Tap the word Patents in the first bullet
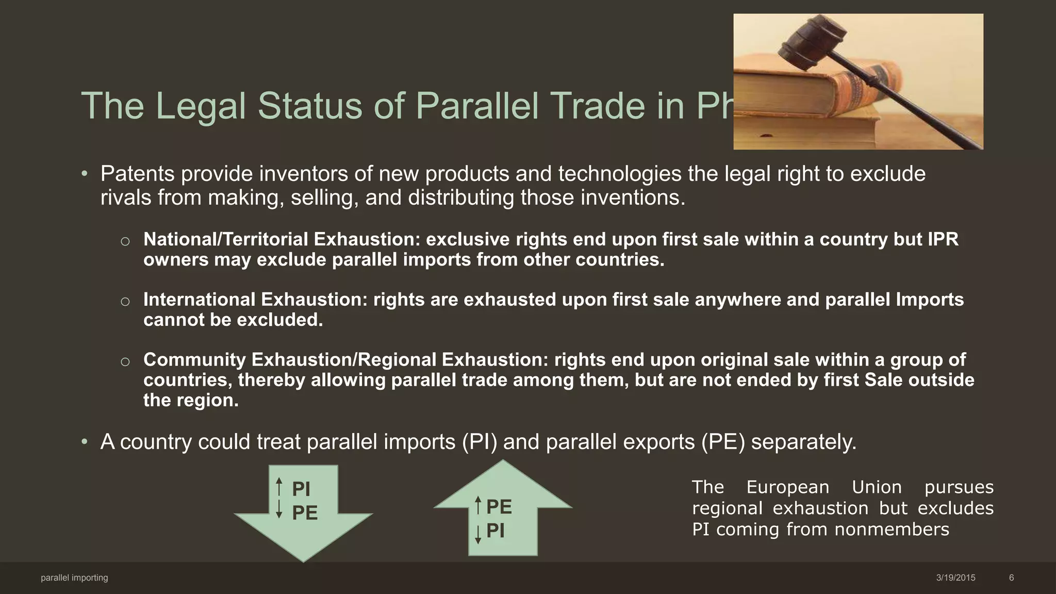(x=138, y=174)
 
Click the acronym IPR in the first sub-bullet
(x=943, y=240)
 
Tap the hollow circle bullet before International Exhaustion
(x=125, y=302)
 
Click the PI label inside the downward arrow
(x=301, y=489)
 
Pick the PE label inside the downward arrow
(x=304, y=513)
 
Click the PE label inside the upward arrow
(x=499, y=507)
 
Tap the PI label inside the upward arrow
(x=496, y=531)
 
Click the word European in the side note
(x=787, y=487)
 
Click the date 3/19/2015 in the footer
(x=955, y=578)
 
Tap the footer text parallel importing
(x=74, y=578)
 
